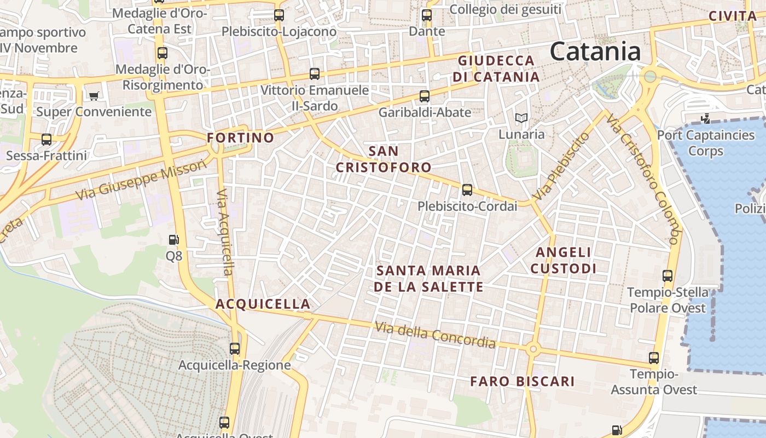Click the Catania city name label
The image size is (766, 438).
[595, 52]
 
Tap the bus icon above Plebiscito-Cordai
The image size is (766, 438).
[467, 190]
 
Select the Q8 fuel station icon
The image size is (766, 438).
[173, 240]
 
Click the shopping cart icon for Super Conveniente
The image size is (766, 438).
[94, 96]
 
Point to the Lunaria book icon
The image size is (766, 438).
[521, 118]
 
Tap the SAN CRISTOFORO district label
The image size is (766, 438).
[384, 159]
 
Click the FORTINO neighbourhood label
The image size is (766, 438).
[240, 137]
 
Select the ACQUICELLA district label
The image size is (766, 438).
[263, 304]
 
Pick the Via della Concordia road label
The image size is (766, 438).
[435, 335]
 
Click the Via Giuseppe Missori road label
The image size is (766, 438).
[142, 179]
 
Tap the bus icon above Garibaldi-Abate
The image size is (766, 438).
[424, 96]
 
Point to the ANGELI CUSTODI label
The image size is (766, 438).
[563, 260]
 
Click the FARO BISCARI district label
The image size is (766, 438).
[523, 382]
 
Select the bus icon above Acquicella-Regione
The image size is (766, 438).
[235, 348]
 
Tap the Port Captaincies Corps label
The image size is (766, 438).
[705, 142]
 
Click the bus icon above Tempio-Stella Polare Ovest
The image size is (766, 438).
[668, 275]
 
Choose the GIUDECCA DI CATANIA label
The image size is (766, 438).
[496, 68]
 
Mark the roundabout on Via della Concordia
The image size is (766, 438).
[533, 349]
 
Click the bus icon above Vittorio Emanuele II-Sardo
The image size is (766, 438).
[314, 73]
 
